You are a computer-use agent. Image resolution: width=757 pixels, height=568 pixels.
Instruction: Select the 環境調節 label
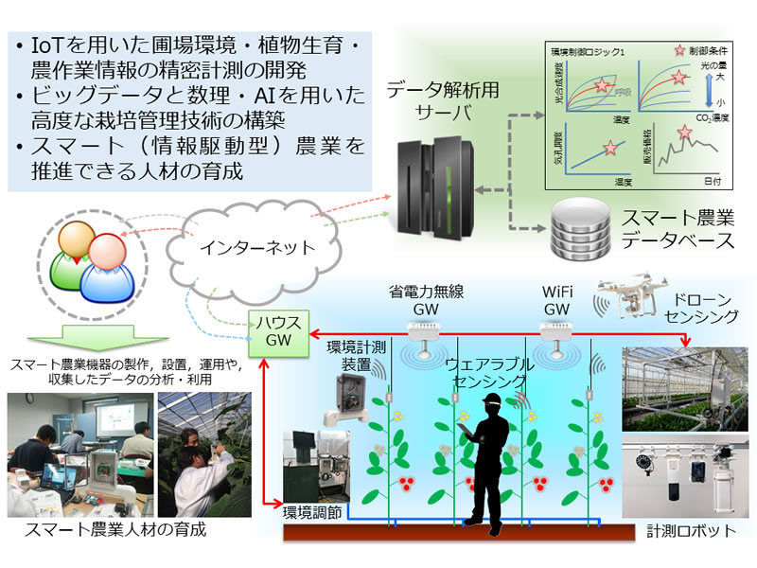click(313, 513)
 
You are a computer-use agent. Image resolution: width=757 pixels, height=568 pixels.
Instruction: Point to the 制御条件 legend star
click(651, 51)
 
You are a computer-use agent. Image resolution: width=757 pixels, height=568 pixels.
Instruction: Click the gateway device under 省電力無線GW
click(423, 330)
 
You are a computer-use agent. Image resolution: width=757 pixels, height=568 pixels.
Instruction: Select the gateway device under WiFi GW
click(556, 330)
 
